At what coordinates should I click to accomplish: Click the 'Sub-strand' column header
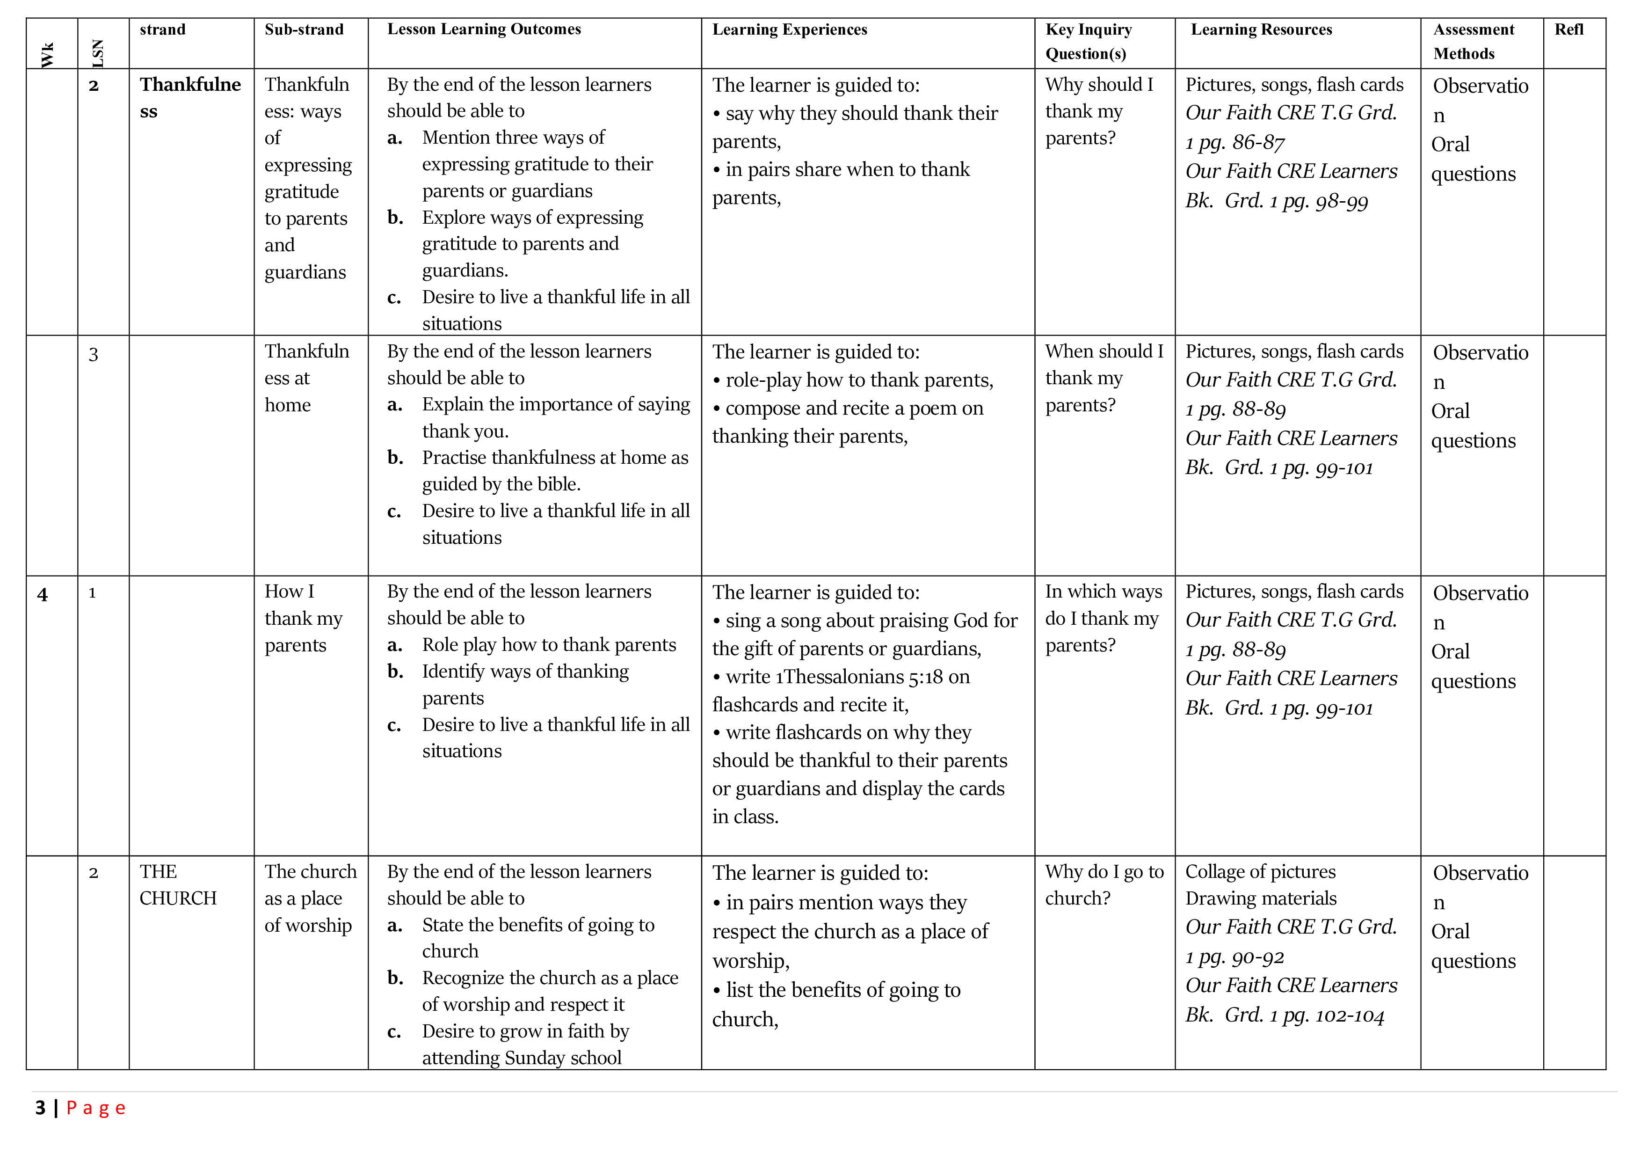(x=304, y=30)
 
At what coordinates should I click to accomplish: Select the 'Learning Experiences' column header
(x=789, y=30)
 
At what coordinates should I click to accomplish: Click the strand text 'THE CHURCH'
(x=178, y=885)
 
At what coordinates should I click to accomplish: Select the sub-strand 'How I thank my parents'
(x=303, y=618)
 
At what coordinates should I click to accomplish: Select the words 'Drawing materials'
(x=1261, y=898)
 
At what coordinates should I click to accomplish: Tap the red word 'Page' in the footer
(x=96, y=1108)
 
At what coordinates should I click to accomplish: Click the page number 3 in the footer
(x=40, y=1108)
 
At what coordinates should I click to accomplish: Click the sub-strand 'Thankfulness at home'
(x=306, y=378)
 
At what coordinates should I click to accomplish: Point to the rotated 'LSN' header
(x=98, y=54)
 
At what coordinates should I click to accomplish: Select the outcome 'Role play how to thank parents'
(x=548, y=645)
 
